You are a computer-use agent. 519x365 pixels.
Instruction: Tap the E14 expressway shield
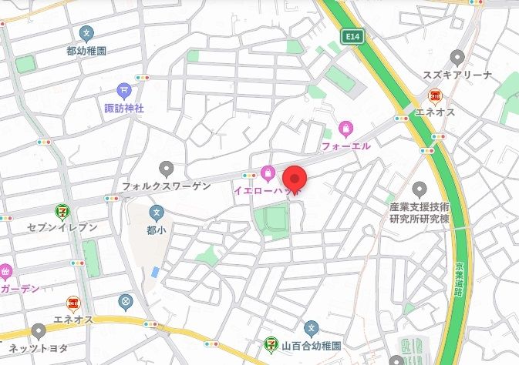pyautogui.click(x=353, y=35)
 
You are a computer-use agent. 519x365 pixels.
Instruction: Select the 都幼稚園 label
pyautogui.click(x=86, y=50)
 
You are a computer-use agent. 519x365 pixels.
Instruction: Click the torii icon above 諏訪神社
pyautogui.click(x=124, y=91)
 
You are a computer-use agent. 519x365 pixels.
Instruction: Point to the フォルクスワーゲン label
pyautogui.click(x=166, y=186)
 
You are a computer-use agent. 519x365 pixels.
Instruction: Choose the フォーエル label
pyautogui.click(x=346, y=146)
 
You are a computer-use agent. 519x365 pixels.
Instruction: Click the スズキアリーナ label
pyautogui.click(x=457, y=75)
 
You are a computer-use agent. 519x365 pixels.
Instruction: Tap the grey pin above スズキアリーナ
pyautogui.click(x=457, y=57)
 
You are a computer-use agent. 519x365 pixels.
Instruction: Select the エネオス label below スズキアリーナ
pyautogui.click(x=436, y=113)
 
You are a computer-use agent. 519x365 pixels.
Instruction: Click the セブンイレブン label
pyautogui.click(x=62, y=227)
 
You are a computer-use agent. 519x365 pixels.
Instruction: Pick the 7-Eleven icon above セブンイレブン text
pyautogui.click(x=62, y=210)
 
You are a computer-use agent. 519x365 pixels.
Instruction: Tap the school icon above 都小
pyautogui.click(x=157, y=212)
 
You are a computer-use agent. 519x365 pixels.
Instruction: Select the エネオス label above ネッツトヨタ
pyautogui.click(x=73, y=320)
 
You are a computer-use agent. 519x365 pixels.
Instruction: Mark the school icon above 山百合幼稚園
pyautogui.click(x=311, y=328)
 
